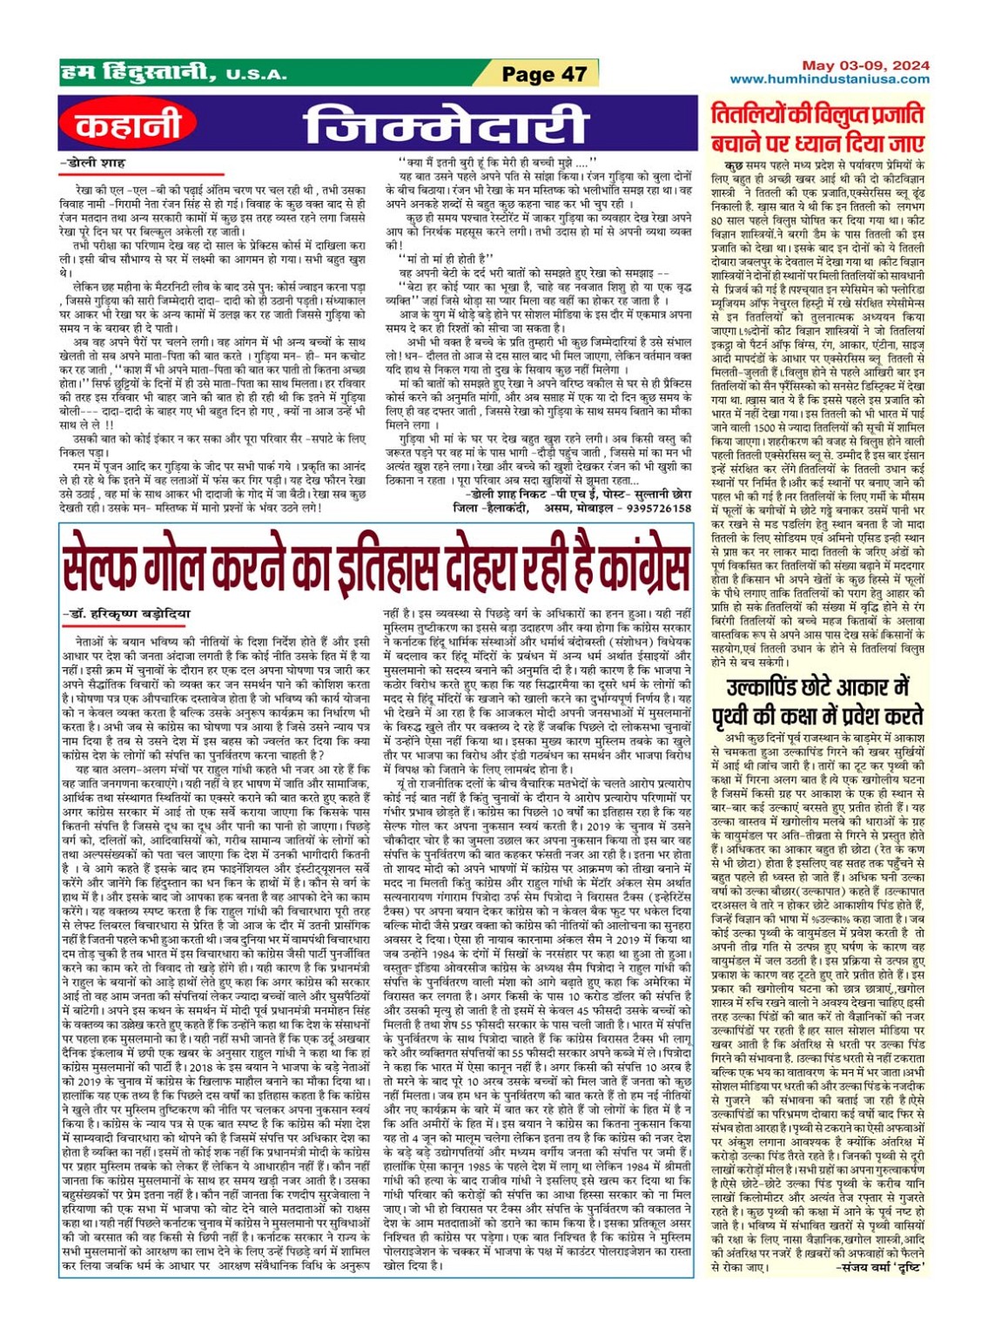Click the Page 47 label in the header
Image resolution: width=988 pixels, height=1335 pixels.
click(544, 74)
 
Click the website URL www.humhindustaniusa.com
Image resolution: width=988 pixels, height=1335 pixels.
click(830, 79)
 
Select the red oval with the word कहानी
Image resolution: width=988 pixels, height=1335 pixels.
click(128, 125)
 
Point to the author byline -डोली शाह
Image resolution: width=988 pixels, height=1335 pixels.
click(95, 163)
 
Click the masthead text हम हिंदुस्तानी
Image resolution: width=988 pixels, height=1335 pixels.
click(138, 73)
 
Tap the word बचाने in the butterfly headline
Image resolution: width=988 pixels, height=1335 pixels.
click(737, 144)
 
